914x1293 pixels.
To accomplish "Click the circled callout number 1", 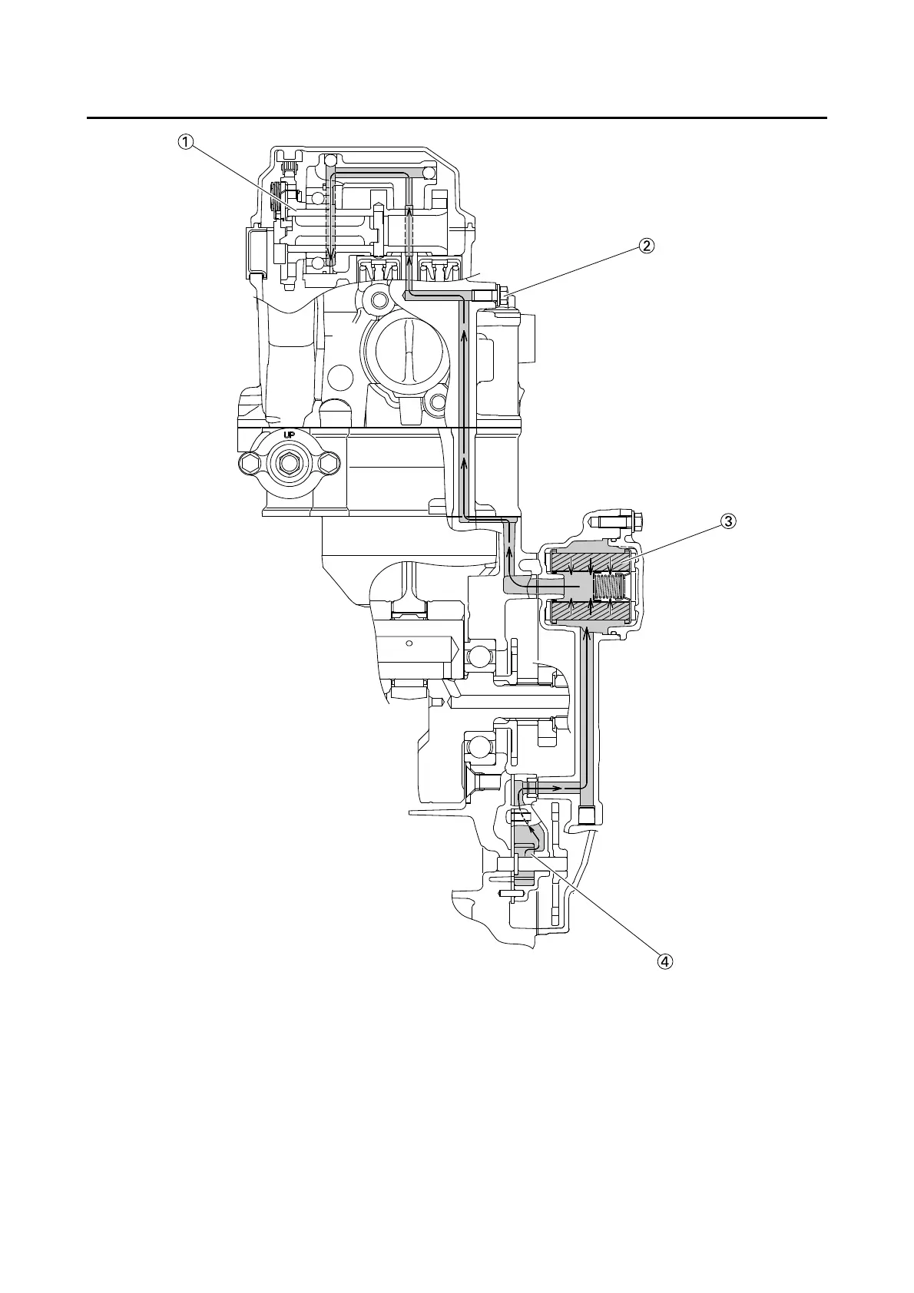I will [186, 141].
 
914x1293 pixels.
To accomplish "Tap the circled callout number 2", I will [646, 246].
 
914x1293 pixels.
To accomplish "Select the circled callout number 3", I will [727, 521].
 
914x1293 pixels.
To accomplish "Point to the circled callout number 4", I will [665, 961].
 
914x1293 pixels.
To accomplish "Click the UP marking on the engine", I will [290, 435].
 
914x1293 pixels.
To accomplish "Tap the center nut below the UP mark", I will [290, 463].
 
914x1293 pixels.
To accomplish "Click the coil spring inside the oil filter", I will [611, 588].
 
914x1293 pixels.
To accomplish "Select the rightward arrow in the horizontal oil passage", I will [556, 788].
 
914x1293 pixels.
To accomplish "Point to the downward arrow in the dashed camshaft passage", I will [330, 253].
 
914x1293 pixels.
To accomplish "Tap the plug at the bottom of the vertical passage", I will [588, 815].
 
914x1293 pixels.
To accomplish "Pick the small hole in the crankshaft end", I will [409, 643].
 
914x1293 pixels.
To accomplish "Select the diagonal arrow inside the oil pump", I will [529, 831].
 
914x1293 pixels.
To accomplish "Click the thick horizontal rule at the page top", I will [457, 118].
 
